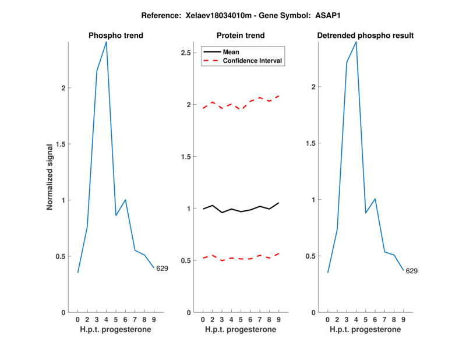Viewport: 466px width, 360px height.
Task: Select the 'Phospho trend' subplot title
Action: click(x=116, y=36)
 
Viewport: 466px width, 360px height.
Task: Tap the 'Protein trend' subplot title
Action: click(x=241, y=36)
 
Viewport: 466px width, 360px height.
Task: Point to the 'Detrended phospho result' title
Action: click(x=365, y=36)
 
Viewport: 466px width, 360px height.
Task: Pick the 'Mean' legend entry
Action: click(x=231, y=52)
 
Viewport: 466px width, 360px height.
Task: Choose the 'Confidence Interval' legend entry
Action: click(x=253, y=61)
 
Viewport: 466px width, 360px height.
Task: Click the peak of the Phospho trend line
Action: click(x=106, y=42)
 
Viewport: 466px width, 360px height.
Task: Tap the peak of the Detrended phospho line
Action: click(x=356, y=42)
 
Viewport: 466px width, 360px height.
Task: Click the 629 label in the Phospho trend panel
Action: click(x=163, y=269)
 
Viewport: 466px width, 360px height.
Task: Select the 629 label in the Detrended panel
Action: click(x=411, y=271)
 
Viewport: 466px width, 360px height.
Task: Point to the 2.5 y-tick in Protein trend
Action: click(x=187, y=53)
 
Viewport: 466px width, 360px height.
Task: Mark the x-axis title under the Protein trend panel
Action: click(x=241, y=330)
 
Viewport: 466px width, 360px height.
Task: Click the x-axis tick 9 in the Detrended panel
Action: click(x=403, y=319)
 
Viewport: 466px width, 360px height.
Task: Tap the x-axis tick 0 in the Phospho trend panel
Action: click(x=78, y=319)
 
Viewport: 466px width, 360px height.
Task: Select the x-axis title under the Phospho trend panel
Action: click(x=116, y=330)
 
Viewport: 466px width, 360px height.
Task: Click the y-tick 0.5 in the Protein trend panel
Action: click(x=187, y=260)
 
